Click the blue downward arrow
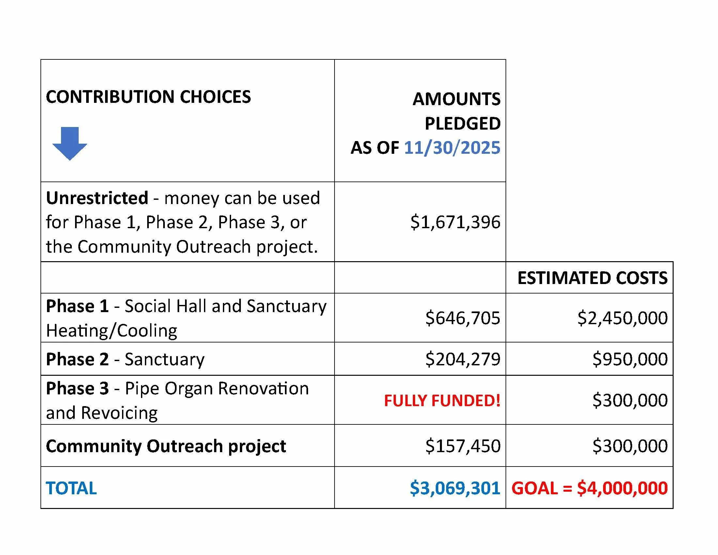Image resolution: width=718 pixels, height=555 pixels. coord(70,143)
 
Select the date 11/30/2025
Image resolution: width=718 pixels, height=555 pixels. coord(452,148)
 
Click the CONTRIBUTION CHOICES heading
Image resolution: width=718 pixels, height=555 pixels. coord(148,97)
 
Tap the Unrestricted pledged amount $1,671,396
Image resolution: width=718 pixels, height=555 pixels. coord(455,222)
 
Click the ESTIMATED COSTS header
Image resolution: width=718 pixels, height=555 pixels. coord(592,278)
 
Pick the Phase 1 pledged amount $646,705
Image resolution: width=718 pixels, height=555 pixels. coord(462,318)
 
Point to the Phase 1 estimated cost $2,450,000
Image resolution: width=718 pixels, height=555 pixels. coord(622,318)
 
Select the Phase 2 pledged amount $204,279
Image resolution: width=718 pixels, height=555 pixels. coord(462,359)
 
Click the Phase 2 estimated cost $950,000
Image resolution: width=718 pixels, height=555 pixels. coord(630,359)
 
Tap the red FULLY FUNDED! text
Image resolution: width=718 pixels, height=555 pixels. coord(442,401)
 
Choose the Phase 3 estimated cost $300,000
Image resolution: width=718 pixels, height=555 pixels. coord(630,400)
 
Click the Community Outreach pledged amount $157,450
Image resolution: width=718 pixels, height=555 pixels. coord(462,446)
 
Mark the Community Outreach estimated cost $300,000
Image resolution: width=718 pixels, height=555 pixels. coord(630,446)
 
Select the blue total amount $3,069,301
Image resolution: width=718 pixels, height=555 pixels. coord(455,488)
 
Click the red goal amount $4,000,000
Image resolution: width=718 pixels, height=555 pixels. coord(622,488)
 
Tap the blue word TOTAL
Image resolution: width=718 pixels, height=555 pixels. coord(71,488)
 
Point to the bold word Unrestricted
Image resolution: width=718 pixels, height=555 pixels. coord(97,198)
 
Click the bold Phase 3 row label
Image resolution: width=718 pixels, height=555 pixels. coord(77,388)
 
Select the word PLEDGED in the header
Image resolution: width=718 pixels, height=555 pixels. coord(462,124)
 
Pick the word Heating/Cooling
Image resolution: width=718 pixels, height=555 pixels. coord(111,331)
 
